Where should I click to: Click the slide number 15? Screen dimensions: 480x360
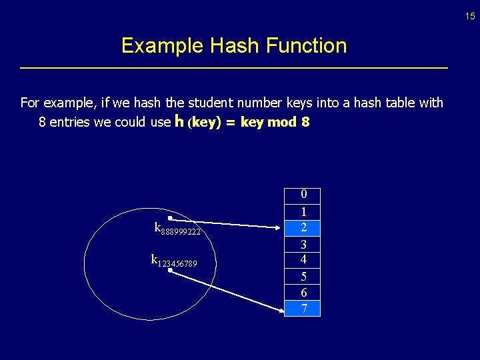pos(470,16)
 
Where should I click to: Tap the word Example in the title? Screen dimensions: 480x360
pos(162,46)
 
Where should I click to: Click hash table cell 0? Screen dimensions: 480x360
pos(303,195)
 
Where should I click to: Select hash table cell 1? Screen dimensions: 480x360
pos(303,211)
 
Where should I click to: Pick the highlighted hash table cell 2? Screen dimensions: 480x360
pos(303,227)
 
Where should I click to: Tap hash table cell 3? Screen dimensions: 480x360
pos(303,244)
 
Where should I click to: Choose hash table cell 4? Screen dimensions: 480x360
pos(303,259)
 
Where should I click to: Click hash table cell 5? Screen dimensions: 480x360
pos(303,276)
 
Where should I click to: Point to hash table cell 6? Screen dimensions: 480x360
pos(303,293)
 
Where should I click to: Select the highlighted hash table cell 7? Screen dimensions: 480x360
pos(303,308)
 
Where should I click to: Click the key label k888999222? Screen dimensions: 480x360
pos(177,229)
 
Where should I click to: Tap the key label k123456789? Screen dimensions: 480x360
pos(174,261)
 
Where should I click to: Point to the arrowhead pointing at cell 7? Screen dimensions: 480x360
pos(279,308)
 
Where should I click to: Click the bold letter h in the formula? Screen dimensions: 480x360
pos(179,121)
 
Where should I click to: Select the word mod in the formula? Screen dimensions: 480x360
pos(282,123)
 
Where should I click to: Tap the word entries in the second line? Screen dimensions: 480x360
pos(69,123)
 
